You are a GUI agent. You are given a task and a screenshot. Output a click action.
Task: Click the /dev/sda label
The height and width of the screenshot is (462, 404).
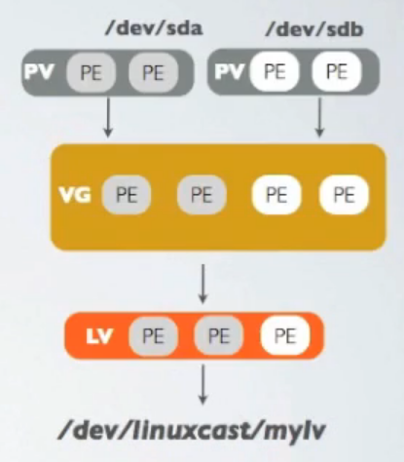(x=154, y=28)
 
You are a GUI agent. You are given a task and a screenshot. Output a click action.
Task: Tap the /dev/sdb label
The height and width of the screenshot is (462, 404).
(x=314, y=29)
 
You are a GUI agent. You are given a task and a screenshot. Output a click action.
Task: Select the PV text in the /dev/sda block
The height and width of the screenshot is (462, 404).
(x=39, y=72)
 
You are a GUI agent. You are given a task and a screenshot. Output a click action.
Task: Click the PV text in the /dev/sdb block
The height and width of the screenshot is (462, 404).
(x=230, y=71)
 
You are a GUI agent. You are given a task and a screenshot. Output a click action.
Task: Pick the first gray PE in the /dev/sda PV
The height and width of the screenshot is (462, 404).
(x=91, y=72)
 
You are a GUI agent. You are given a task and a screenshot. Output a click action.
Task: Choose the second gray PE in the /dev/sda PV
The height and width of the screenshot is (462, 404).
(x=153, y=72)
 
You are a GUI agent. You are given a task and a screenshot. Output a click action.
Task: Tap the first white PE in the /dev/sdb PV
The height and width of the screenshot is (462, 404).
(x=275, y=71)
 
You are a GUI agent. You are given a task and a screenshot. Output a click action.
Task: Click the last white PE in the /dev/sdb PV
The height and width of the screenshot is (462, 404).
(x=337, y=71)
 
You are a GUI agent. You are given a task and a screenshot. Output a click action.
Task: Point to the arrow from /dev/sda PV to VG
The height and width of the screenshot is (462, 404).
(x=108, y=118)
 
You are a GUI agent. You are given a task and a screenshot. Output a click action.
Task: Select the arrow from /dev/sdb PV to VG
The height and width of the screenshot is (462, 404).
(x=319, y=118)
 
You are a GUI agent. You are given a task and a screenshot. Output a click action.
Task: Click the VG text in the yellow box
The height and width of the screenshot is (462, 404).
(x=75, y=195)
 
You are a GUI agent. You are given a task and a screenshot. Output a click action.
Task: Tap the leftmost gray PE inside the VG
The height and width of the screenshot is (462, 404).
(x=127, y=195)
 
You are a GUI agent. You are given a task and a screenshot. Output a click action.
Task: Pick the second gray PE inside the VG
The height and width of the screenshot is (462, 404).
(x=202, y=195)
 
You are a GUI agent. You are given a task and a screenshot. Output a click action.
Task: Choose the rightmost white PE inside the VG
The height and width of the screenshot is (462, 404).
(x=344, y=195)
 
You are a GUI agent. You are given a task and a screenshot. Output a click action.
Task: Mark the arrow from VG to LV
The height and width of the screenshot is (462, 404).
(x=202, y=284)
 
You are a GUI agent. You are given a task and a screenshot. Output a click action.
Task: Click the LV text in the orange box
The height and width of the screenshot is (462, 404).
(x=99, y=336)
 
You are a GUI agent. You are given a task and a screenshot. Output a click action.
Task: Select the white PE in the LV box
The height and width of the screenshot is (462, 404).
(x=285, y=335)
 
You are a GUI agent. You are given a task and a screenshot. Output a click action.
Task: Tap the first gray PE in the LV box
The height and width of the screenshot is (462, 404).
(x=153, y=335)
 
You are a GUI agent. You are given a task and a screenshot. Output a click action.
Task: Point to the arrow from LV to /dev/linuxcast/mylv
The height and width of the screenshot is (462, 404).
(x=202, y=385)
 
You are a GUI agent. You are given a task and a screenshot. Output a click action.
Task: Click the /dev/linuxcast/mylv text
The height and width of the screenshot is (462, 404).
(x=192, y=431)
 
